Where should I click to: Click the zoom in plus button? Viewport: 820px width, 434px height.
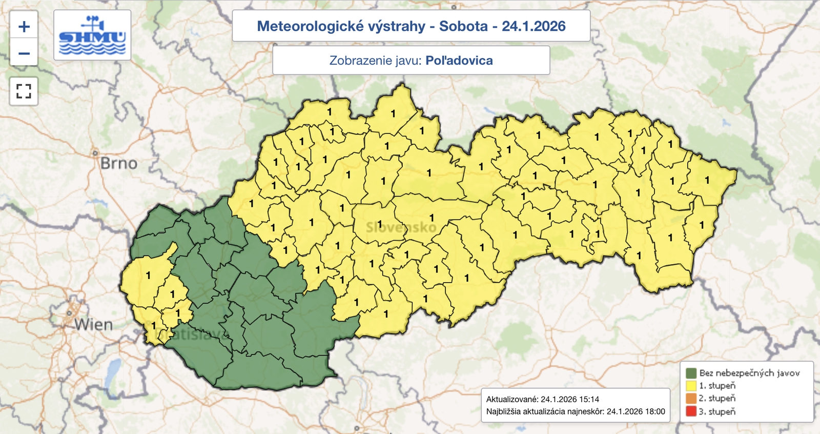24,27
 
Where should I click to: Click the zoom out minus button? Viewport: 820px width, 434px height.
24,53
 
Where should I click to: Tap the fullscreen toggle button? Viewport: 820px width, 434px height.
24,91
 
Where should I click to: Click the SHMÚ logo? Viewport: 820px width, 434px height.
92,35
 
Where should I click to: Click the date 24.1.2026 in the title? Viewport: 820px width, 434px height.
534,26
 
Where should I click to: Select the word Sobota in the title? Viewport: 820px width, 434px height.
463,26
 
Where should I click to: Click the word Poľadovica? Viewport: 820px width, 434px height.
459,61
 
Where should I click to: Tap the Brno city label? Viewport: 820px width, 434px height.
119,164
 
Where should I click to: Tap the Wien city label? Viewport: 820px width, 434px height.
93,325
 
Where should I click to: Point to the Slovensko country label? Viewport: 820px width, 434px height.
401,227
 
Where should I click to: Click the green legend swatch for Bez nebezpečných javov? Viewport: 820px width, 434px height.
691,373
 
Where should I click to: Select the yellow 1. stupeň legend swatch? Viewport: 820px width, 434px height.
691,386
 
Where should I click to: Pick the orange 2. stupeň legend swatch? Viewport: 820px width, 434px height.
691,399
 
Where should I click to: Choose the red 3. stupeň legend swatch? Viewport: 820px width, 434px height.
691,411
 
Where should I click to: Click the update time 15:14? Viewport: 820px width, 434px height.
589,399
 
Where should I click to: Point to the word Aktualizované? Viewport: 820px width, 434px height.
512,399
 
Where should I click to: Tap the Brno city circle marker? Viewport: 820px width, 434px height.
95,152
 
